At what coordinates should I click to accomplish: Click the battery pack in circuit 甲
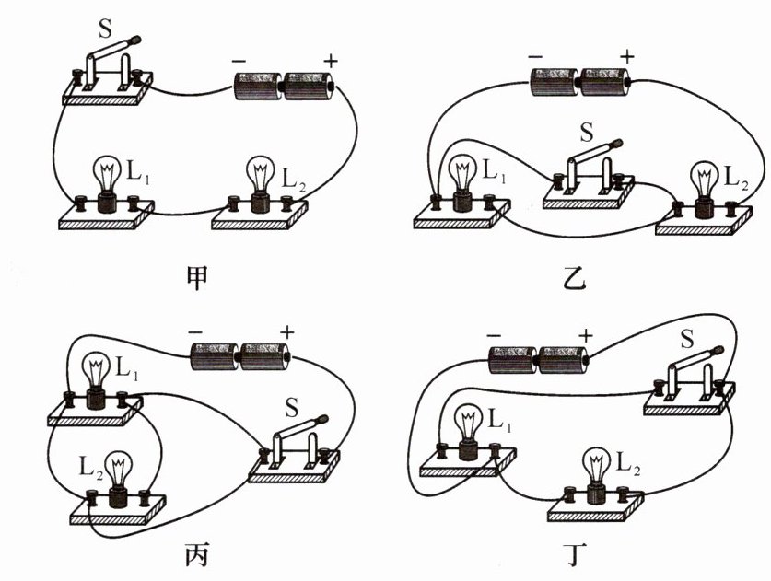[283, 88]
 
